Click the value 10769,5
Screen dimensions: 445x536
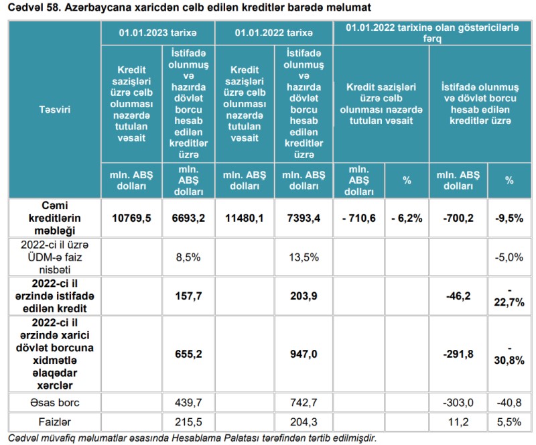pyautogui.click(x=131, y=218)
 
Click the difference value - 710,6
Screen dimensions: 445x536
pyautogui.click(x=358, y=218)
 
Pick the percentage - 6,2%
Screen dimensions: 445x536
pyautogui.click(x=407, y=218)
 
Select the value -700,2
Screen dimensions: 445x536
pyautogui.click(x=458, y=218)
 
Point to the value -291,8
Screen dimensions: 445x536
pyautogui.click(x=458, y=354)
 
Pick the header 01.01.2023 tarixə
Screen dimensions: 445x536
pyautogui.click(x=158, y=32)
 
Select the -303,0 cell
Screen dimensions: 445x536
pyautogui.click(x=458, y=402)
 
